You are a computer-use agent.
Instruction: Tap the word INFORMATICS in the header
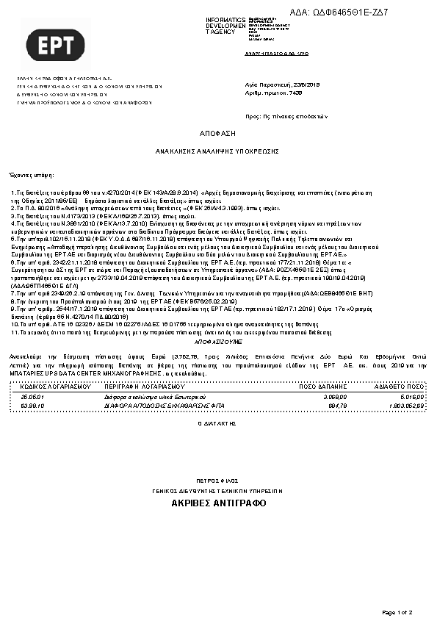point(225,19)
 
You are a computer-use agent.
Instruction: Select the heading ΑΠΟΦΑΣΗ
point(217,135)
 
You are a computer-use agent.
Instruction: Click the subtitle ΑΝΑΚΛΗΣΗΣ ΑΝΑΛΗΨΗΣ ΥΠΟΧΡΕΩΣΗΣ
point(217,151)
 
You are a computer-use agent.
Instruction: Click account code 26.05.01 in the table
point(33,396)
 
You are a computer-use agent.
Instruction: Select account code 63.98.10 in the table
point(33,405)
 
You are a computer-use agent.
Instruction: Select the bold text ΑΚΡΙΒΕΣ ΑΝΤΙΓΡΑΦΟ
point(218,503)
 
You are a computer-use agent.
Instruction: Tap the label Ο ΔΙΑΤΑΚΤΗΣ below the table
point(218,424)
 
